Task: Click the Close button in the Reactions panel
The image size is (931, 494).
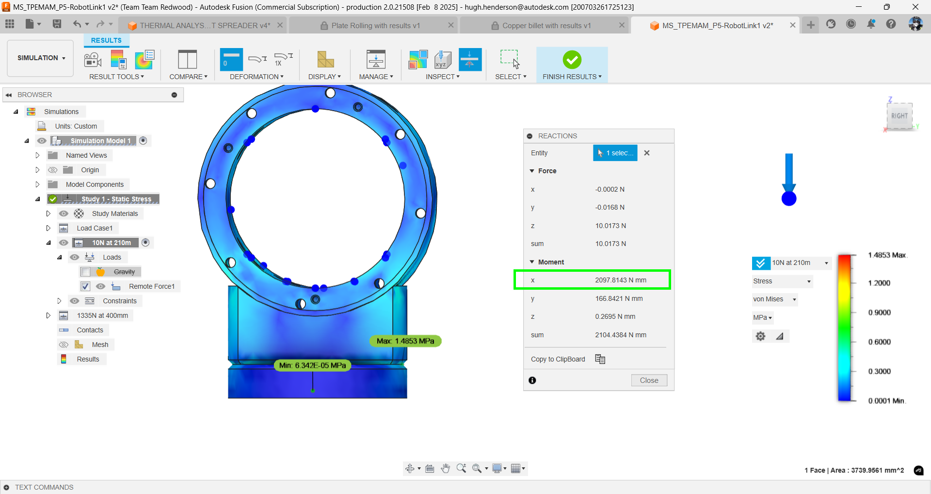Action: tap(649, 380)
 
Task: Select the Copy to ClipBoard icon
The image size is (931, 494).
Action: tap(600, 359)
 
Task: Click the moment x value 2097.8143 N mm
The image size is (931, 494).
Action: tap(620, 280)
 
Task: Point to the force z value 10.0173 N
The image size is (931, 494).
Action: tap(610, 226)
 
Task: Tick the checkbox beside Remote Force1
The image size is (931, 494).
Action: tap(85, 286)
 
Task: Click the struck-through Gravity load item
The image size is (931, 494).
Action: tap(124, 272)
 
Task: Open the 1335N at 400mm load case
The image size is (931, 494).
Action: tap(102, 315)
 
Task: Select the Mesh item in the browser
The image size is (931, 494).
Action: tap(100, 345)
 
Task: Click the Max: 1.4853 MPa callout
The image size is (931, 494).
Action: tap(405, 341)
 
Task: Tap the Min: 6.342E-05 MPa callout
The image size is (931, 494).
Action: tap(312, 365)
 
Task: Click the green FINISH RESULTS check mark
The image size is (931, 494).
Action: tap(572, 60)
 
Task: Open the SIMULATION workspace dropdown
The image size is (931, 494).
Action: tap(41, 58)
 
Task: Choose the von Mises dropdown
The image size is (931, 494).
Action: tap(774, 299)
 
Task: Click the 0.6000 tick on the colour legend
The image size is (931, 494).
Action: tap(879, 342)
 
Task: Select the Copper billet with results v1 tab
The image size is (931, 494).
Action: tap(546, 26)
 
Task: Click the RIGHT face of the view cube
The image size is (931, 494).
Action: tap(899, 116)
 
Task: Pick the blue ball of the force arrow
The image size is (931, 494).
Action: tap(789, 198)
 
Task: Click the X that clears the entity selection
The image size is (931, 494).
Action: tap(647, 153)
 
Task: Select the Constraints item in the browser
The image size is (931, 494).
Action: tap(119, 301)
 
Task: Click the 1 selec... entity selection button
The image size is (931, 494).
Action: tap(615, 153)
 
